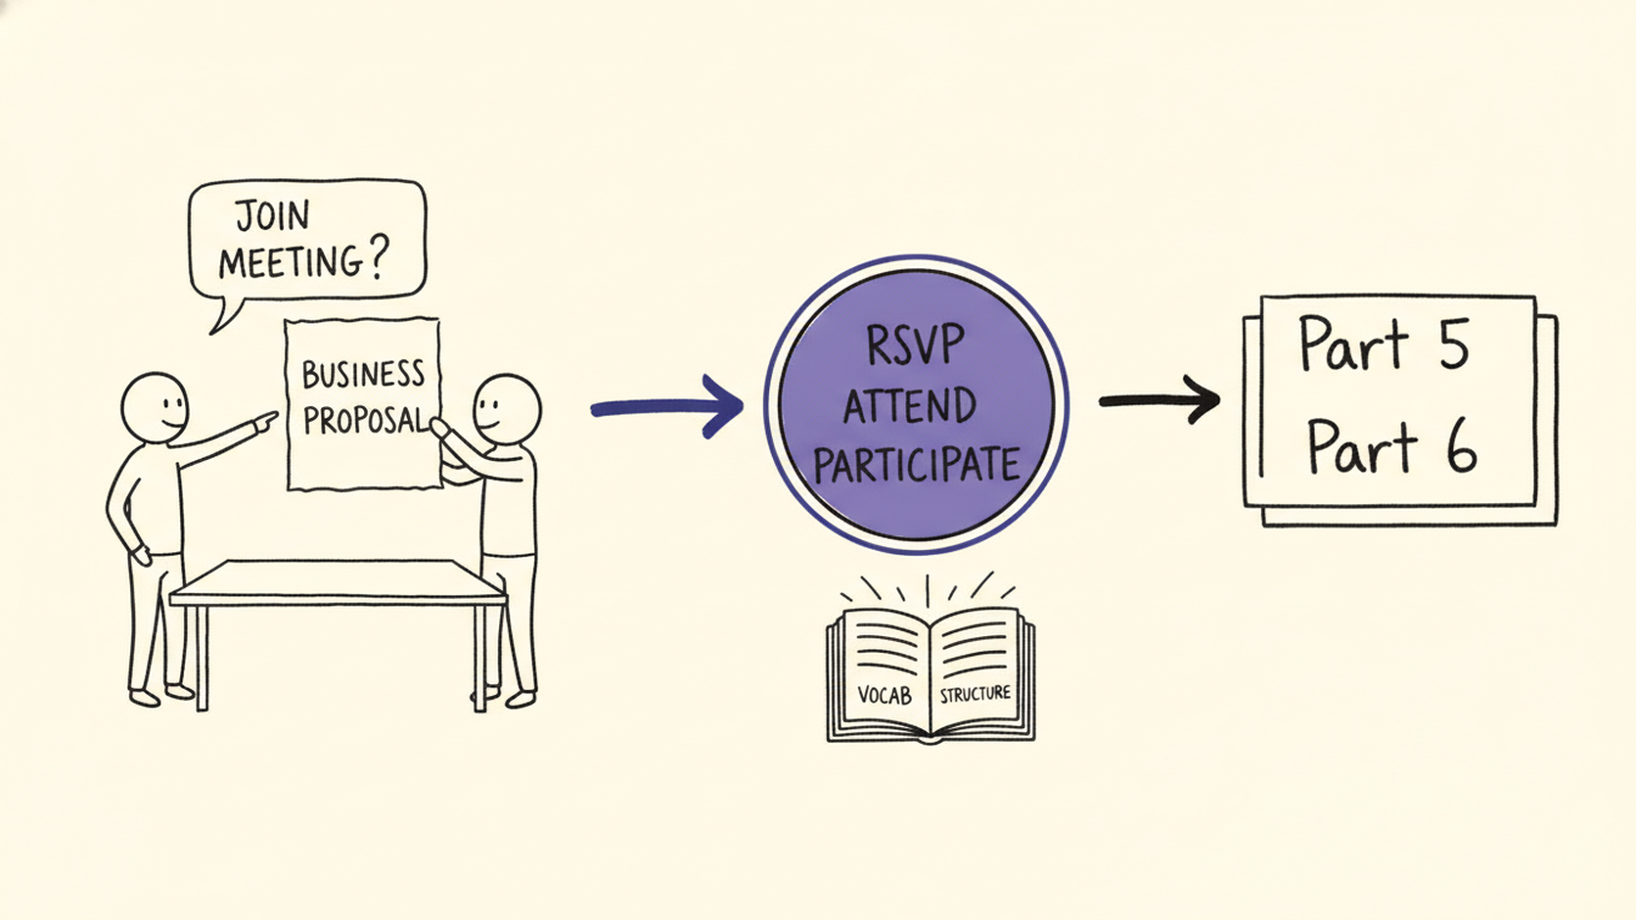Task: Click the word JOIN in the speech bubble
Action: (x=272, y=215)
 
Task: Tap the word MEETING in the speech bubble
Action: (x=291, y=261)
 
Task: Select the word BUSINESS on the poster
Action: (x=363, y=374)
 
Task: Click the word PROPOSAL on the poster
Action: (x=364, y=420)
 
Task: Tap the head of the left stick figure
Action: (x=155, y=408)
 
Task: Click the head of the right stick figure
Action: (x=508, y=409)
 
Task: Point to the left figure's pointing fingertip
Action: (x=275, y=415)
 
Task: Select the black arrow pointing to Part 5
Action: (x=1159, y=399)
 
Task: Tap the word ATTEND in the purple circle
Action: (x=910, y=405)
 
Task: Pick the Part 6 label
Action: (x=1391, y=445)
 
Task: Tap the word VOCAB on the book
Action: (x=885, y=694)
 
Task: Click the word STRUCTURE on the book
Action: (x=975, y=694)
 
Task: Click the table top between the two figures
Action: (x=339, y=582)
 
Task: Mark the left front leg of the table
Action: (x=202, y=658)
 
